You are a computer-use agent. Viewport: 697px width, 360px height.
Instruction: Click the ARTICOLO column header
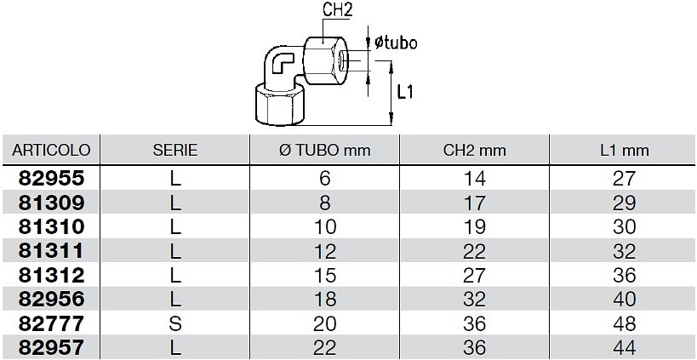click(x=51, y=150)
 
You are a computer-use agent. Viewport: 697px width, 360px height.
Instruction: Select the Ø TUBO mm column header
click(x=325, y=150)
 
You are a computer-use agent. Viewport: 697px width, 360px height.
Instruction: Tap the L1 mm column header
click(x=624, y=151)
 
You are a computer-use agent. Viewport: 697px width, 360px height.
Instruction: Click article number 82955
click(x=51, y=178)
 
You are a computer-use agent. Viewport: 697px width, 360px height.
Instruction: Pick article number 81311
click(x=51, y=251)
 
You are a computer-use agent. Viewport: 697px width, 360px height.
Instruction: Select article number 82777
click(x=51, y=323)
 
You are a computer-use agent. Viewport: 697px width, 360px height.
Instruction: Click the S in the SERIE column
click(x=175, y=323)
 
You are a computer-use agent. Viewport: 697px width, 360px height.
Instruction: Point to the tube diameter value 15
click(x=325, y=276)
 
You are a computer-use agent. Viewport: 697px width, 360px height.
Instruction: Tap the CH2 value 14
click(x=474, y=179)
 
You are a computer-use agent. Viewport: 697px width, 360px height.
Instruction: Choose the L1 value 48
click(x=624, y=323)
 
